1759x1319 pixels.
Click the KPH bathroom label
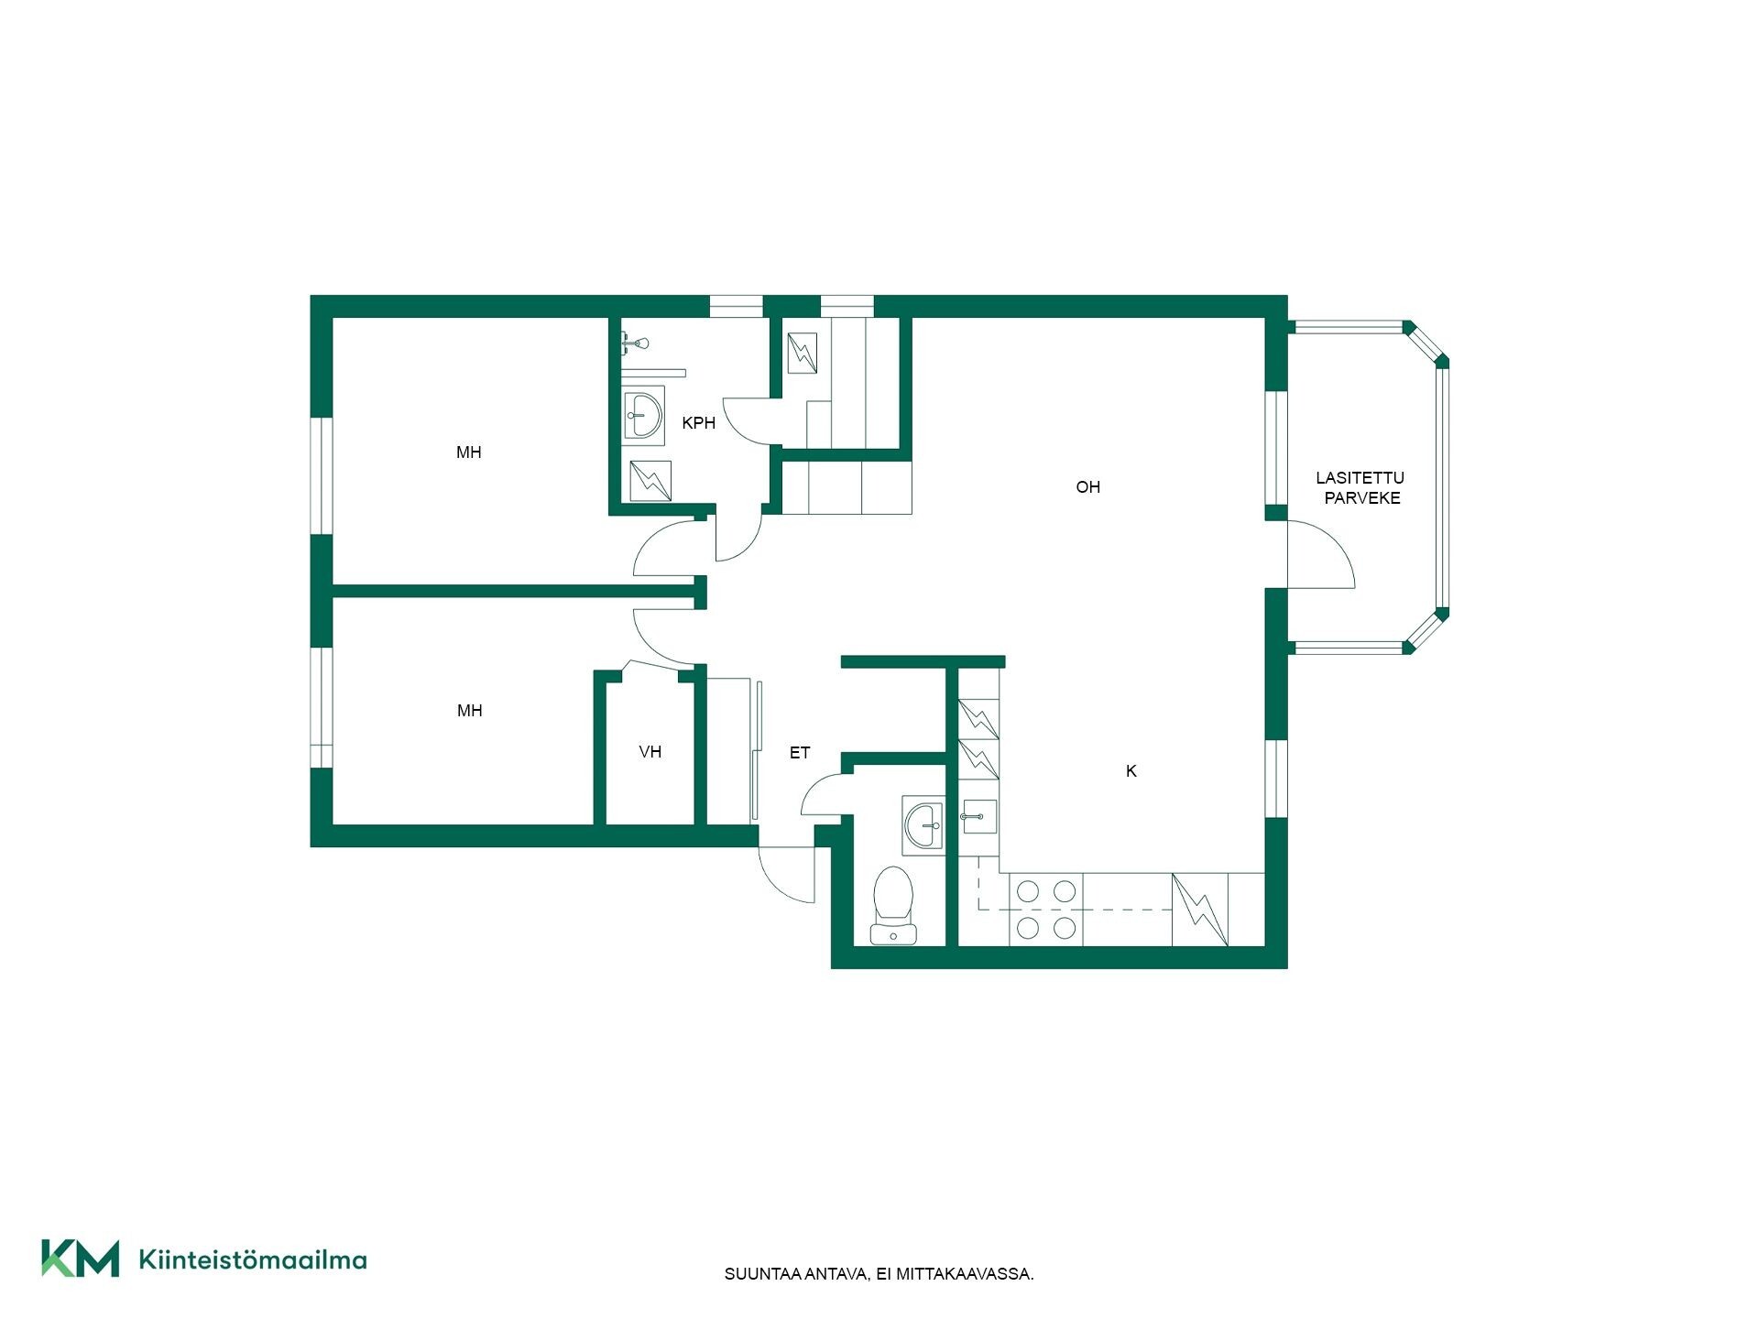[x=698, y=423]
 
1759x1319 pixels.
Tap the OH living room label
[x=1087, y=487]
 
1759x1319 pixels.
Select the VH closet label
[x=650, y=752]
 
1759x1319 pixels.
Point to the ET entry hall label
[x=800, y=753]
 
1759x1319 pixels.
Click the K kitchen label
[x=1131, y=771]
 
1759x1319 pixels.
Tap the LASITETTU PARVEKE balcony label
[x=1360, y=488]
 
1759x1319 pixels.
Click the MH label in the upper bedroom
[x=469, y=452]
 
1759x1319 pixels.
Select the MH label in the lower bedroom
[x=469, y=711]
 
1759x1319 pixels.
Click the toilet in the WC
[x=893, y=905]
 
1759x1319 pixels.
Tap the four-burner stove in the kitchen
[x=1045, y=910]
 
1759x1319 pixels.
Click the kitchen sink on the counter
[x=978, y=816]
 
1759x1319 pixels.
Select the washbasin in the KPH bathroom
[x=643, y=418]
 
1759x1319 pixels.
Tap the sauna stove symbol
[x=802, y=353]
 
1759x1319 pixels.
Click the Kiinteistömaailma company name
[x=253, y=1259]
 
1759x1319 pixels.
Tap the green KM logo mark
[x=81, y=1258]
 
